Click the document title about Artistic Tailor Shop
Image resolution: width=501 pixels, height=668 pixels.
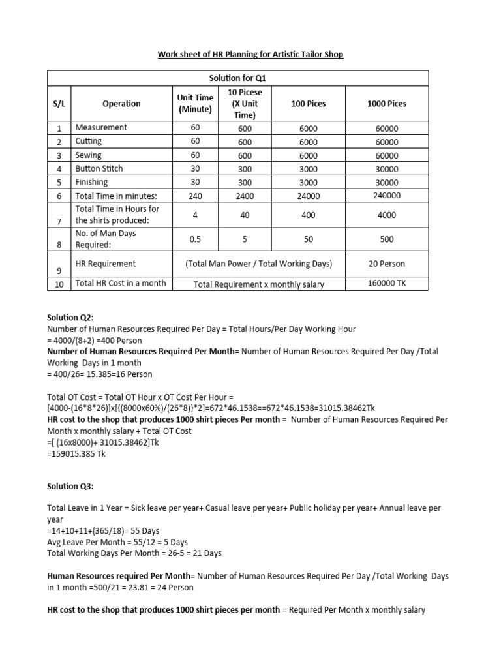(250, 55)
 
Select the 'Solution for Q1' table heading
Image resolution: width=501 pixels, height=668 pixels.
(238, 78)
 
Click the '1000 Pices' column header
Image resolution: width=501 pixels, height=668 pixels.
(387, 103)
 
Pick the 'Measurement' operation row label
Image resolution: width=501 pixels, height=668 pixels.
(101, 128)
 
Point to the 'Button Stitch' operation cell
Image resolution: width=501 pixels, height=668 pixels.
(99, 168)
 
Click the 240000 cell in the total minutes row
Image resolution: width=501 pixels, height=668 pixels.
(387, 196)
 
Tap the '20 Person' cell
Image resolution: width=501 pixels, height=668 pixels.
(387, 264)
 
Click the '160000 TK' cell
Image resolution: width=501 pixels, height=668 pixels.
(387, 284)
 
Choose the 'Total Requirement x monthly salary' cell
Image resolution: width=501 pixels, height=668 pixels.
(258, 284)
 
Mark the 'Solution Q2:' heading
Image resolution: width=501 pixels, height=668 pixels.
(69, 316)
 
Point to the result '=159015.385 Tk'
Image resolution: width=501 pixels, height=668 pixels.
(76, 453)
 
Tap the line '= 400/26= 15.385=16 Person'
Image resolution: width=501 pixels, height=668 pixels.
(100, 374)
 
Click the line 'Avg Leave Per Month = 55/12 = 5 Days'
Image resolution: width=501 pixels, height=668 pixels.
(117, 542)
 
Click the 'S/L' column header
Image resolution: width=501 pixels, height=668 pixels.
(59, 103)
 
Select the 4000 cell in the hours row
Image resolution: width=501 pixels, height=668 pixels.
(387, 215)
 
